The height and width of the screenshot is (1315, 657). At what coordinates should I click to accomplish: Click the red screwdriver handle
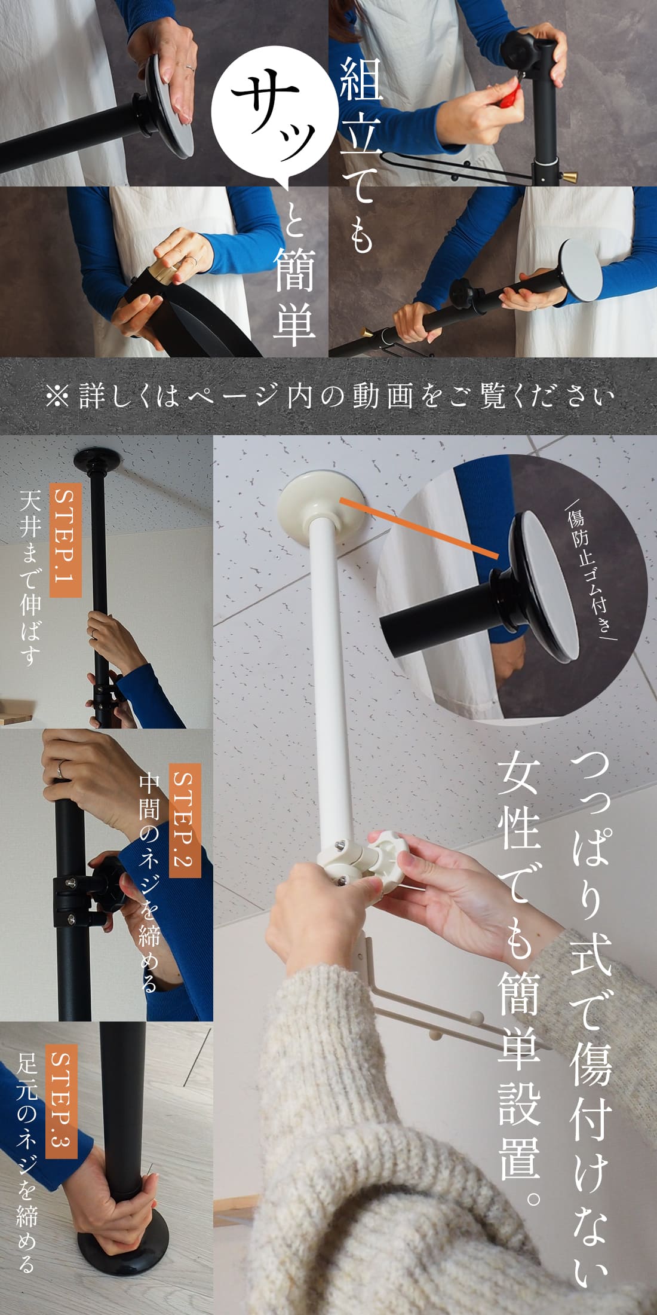click(507, 94)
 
